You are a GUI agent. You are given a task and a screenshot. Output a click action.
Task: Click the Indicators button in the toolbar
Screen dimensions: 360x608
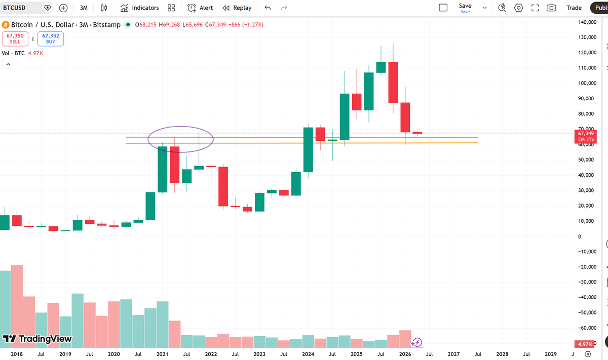click(x=140, y=8)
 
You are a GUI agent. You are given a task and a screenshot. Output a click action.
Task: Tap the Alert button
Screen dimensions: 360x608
click(x=200, y=8)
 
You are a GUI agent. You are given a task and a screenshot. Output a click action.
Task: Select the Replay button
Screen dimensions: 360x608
click(x=237, y=8)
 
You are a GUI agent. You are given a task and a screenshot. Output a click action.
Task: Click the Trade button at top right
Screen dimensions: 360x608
click(x=574, y=8)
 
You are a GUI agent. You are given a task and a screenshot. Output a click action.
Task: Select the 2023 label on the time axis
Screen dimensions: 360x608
click(x=259, y=354)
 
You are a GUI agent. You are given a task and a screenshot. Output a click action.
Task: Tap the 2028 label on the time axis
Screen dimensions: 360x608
click(x=502, y=354)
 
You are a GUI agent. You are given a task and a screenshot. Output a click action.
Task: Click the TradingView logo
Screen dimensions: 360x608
click(x=37, y=339)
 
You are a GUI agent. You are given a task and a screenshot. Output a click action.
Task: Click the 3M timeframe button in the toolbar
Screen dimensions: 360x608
click(x=84, y=8)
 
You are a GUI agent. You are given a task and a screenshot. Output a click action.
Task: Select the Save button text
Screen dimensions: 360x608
click(x=465, y=6)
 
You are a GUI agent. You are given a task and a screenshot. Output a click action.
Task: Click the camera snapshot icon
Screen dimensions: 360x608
click(x=551, y=8)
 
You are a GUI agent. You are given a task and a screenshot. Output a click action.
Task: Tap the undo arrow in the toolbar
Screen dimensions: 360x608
click(x=268, y=8)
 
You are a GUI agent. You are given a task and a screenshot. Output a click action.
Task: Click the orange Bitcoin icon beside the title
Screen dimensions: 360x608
click(x=6, y=25)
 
